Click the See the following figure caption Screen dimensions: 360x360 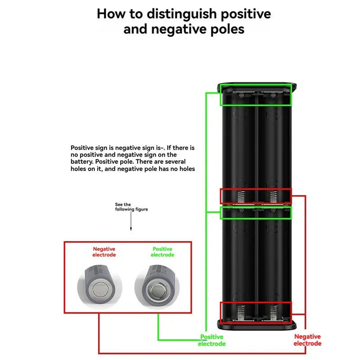pos(131,207)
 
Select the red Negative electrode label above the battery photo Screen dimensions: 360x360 pos(104,252)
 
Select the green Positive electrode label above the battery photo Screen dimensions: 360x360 pos(162,252)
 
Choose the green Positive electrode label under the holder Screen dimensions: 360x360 pos(211,340)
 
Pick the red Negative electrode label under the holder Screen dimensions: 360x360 pos(307,340)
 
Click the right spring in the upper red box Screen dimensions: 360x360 pos(272,196)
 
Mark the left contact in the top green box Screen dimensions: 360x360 pos(240,96)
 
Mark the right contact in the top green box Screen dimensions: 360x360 pos(272,96)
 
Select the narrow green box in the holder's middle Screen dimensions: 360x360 pos(256,212)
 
